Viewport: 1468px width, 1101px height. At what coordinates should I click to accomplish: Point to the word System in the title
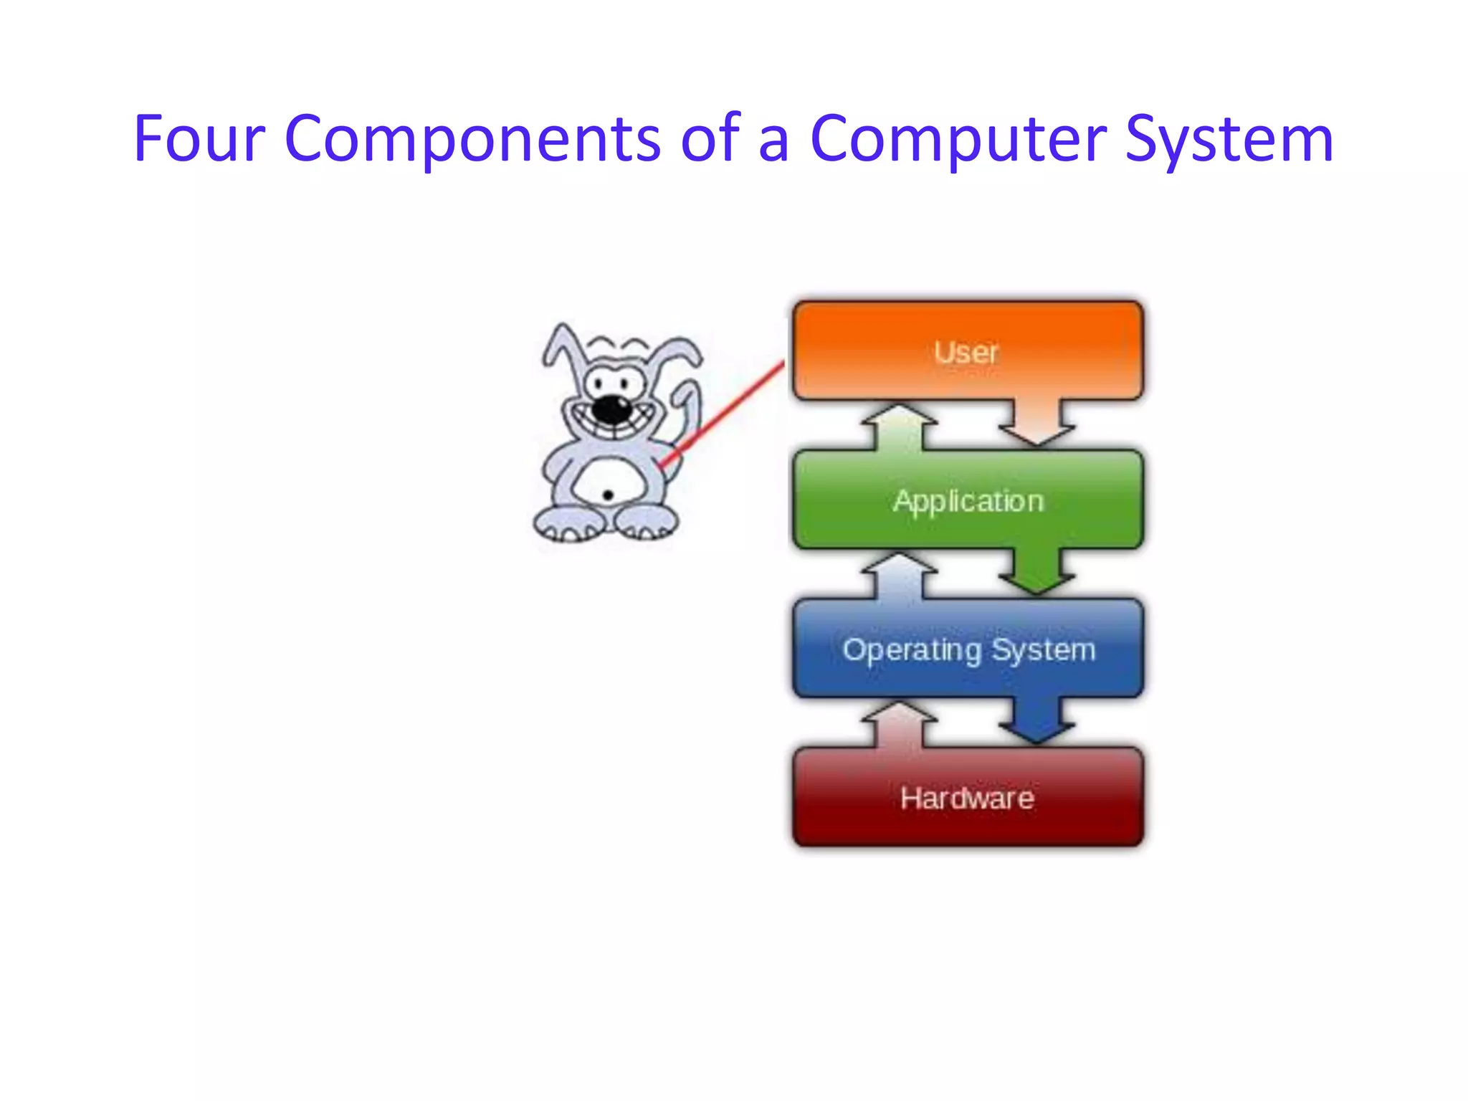click(x=1229, y=140)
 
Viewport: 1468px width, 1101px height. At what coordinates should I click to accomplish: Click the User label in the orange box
click(x=966, y=352)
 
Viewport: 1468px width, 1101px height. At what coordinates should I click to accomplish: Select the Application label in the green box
click(x=968, y=501)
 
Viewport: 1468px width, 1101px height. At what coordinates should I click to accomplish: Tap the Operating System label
click(x=968, y=650)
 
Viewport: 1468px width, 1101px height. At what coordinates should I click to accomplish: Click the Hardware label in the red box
click(x=967, y=799)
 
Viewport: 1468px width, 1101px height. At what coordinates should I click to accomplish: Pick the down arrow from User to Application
click(x=1036, y=424)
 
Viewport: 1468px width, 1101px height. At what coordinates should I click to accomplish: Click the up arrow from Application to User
click(x=899, y=426)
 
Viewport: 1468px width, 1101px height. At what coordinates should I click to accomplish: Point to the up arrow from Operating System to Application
click(x=899, y=575)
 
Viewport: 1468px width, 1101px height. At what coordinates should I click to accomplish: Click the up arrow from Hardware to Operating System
click(x=899, y=724)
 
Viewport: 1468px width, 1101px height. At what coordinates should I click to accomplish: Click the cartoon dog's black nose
click(x=611, y=409)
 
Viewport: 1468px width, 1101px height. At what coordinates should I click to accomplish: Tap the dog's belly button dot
click(x=608, y=495)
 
